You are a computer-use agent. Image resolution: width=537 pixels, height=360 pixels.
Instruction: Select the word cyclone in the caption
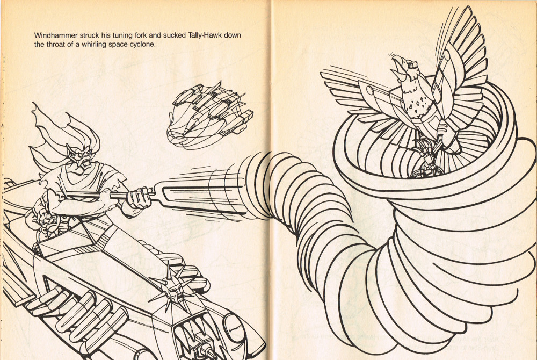pyautogui.click(x=142, y=45)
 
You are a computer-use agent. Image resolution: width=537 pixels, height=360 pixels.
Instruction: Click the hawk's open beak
pyautogui.click(x=398, y=64)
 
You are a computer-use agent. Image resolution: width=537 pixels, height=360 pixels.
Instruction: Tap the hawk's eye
pyautogui.click(x=411, y=63)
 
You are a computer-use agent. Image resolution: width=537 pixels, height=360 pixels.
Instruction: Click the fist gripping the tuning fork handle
pyautogui.click(x=139, y=198)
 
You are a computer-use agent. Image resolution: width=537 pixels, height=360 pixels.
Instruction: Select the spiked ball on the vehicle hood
pyautogui.click(x=173, y=287)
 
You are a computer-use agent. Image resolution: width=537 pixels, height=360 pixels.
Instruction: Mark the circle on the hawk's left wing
pyautogui.click(x=370, y=90)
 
